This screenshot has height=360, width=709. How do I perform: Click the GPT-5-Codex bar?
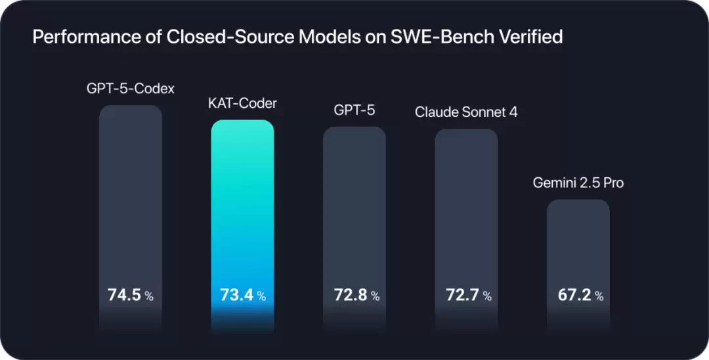click(x=131, y=197)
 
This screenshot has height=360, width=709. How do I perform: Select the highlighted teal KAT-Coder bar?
click(x=242, y=204)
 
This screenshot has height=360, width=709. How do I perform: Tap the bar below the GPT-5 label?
click(x=354, y=204)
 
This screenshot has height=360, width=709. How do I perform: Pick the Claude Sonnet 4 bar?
click(x=466, y=204)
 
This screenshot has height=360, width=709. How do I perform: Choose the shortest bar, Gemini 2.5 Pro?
click(x=578, y=243)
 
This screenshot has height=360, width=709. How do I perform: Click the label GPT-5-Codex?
click(x=131, y=88)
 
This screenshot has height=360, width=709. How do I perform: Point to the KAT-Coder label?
click(x=242, y=104)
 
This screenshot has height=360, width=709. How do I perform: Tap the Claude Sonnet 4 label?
click(x=466, y=112)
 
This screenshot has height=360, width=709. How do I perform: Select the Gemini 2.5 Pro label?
click(x=578, y=183)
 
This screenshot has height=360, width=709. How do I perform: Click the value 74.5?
click(x=125, y=295)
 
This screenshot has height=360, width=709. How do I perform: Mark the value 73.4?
click(x=236, y=295)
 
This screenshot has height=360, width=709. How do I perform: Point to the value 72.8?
click(x=349, y=295)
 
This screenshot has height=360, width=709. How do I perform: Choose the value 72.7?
click(x=461, y=295)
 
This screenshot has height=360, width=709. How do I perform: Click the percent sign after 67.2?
click(x=599, y=296)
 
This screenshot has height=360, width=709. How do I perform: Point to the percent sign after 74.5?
click(x=150, y=296)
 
